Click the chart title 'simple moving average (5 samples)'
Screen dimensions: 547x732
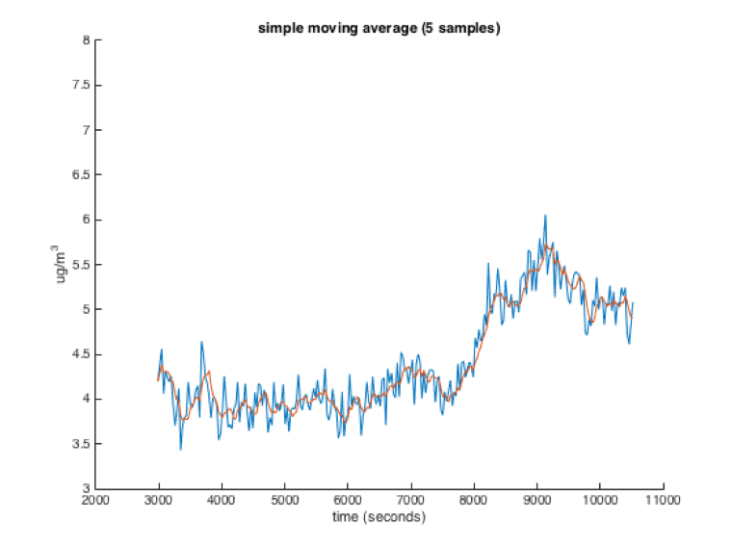(379, 28)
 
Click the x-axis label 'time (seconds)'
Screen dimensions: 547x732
(379, 518)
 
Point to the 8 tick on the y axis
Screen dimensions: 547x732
(86, 40)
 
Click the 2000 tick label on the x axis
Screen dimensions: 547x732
(95, 501)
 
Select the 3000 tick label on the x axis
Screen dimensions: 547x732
(158, 501)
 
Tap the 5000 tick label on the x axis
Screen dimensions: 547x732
(284, 501)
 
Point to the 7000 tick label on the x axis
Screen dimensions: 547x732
(410, 501)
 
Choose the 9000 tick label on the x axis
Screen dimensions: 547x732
(536, 501)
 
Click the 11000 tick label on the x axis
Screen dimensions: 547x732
(663, 501)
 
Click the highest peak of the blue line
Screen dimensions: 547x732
(544, 216)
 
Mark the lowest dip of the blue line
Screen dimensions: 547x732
(180, 449)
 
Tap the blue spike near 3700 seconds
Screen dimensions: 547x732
(201, 342)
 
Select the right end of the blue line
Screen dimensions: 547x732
(633, 304)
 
